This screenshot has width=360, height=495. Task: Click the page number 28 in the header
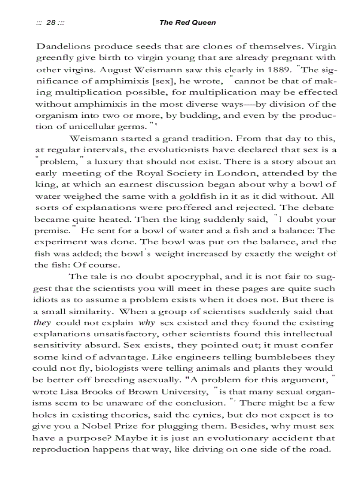pyautogui.click(x=51, y=22)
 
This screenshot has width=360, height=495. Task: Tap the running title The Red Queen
pyautogui.click(x=187, y=22)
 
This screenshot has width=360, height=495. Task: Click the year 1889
pyautogui.click(x=279, y=70)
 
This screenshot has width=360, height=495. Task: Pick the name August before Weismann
pyautogui.click(x=116, y=70)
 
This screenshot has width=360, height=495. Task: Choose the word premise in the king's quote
pyautogui.click(x=52, y=231)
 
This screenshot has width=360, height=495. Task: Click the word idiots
pyautogui.click(x=47, y=300)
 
